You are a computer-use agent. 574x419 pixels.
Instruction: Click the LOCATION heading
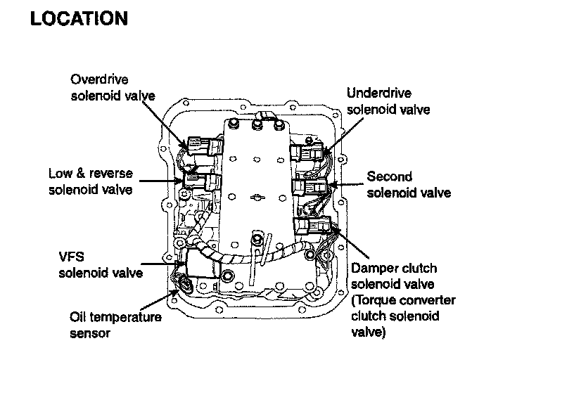[79, 19]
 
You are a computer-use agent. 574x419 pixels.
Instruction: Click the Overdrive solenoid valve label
[113, 87]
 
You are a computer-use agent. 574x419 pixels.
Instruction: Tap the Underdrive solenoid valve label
[388, 101]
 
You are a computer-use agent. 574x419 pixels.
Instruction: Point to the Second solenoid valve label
[409, 184]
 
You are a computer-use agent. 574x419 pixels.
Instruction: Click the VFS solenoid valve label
[99, 265]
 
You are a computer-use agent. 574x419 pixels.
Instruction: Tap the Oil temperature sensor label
[115, 325]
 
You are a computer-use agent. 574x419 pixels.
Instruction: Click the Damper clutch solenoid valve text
[394, 276]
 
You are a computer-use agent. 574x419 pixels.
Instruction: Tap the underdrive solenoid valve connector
[310, 152]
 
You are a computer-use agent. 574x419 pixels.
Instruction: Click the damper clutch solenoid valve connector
[311, 226]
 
